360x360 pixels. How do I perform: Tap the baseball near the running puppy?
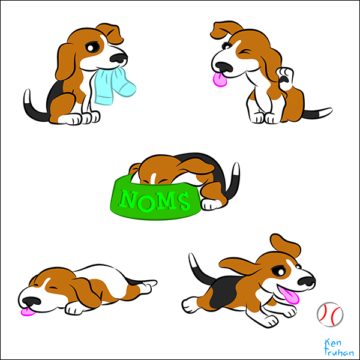(330, 314)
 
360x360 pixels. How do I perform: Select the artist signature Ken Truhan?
(338, 347)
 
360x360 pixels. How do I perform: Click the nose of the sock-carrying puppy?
(118, 58)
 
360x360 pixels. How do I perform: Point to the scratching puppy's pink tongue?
(220, 79)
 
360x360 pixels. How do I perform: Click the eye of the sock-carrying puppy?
(92, 47)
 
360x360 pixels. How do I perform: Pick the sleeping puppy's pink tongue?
(28, 311)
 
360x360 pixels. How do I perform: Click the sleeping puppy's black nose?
(31, 301)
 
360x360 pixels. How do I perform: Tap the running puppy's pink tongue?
(289, 295)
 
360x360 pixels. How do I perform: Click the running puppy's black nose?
(306, 281)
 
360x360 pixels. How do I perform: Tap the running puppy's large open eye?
(279, 271)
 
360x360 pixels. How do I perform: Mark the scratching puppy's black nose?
(224, 67)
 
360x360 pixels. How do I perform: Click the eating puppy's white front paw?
(211, 204)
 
